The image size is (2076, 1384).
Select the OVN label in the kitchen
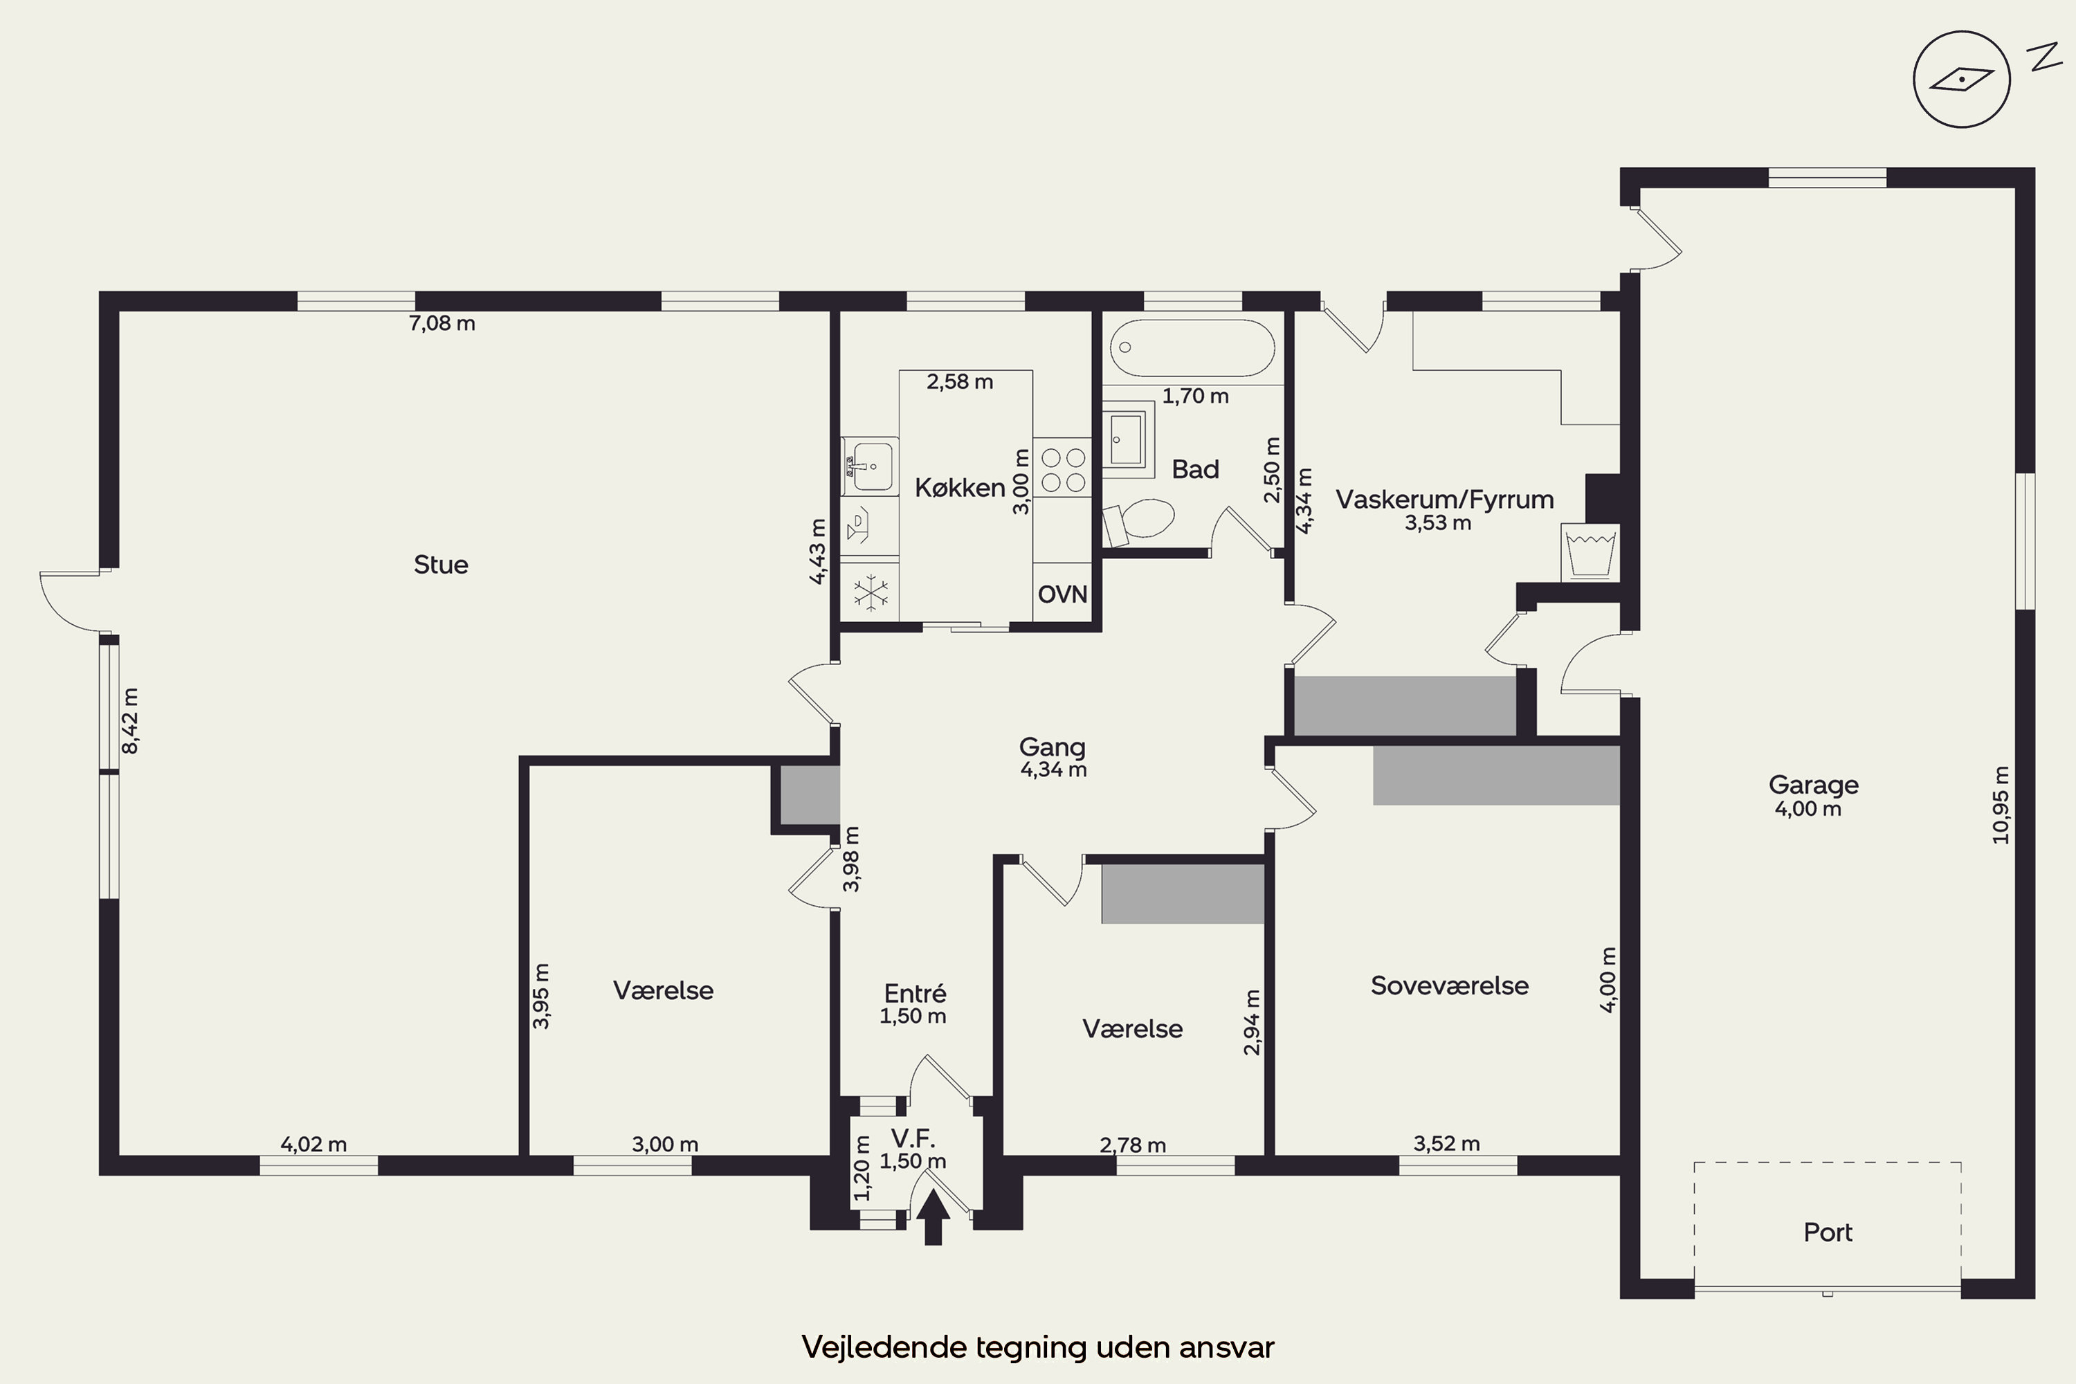pyautogui.click(x=1063, y=594)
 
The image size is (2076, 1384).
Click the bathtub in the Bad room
pyautogui.click(x=1192, y=348)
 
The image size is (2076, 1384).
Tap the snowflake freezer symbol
pyautogui.click(x=871, y=593)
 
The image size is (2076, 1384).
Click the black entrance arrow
pyautogui.click(x=933, y=1217)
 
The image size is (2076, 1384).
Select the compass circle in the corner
pyautogui.click(x=1961, y=80)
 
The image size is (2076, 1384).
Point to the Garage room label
pyautogui.click(x=1813, y=785)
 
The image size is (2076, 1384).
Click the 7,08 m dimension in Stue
pyautogui.click(x=441, y=324)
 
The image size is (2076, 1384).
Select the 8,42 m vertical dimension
pyautogui.click(x=130, y=721)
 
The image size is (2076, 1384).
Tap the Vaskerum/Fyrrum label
pyautogui.click(x=1444, y=500)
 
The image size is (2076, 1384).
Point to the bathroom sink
pyautogui.click(x=1128, y=439)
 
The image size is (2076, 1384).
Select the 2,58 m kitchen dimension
pyautogui.click(x=959, y=382)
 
